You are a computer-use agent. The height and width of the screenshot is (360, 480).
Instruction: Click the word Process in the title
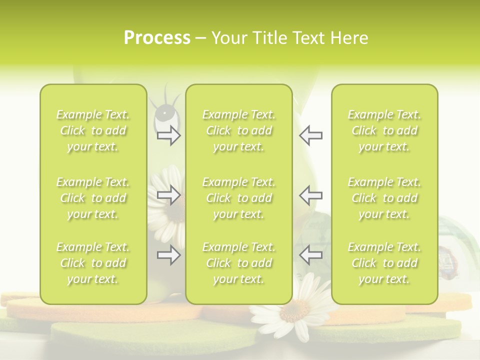(157, 38)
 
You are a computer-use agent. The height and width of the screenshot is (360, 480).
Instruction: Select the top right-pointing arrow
(168, 135)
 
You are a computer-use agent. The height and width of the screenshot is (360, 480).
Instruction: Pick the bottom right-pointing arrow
(168, 255)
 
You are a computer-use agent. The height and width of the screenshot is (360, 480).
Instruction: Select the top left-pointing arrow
(310, 135)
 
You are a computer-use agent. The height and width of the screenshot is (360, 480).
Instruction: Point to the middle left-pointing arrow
(310, 195)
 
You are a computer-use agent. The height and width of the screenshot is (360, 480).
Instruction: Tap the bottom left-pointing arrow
(310, 255)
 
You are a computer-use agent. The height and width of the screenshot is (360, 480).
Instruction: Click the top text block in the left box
(93, 130)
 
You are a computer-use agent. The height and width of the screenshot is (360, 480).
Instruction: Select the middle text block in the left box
(93, 198)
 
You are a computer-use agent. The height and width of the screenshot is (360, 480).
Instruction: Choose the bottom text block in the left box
(93, 263)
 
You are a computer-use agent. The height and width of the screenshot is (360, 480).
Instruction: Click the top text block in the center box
(238, 130)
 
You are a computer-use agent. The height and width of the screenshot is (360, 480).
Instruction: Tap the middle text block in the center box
(238, 198)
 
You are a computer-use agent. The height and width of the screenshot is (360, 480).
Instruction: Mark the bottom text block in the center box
(238, 263)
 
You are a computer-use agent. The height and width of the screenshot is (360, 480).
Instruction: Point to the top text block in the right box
(384, 130)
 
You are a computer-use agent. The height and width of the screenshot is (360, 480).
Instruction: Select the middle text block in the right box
(384, 198)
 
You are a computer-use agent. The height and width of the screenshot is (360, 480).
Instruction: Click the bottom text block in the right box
(384, 263)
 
